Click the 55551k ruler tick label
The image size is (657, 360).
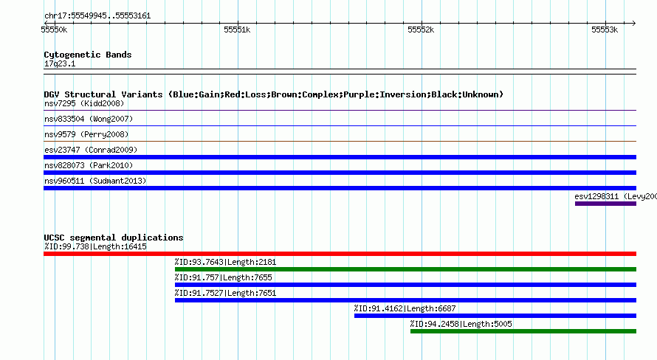point(237,30)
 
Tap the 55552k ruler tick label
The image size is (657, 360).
point(421,30)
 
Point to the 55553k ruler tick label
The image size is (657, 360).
point(605,30)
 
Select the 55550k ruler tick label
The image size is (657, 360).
point(54,30)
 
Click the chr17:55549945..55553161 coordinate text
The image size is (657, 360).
point(97,16)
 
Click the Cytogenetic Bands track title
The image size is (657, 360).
point(88,55)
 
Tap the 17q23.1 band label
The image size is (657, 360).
point(60,63)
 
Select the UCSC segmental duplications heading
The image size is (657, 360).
point(114,238)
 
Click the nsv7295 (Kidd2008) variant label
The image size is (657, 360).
point(84,103)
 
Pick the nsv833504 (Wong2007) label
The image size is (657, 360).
point(89,119)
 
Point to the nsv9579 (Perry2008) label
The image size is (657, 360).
point(86,134)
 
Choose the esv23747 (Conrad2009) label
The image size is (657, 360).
point(91,150)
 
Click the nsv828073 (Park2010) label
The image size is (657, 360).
point(89,165)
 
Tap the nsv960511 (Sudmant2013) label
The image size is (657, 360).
point(95,181)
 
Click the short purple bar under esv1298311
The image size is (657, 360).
point(605,204)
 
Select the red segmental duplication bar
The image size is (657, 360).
point(340,254)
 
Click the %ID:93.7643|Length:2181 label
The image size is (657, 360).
point(225,262)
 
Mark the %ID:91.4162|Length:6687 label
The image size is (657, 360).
point(405,308)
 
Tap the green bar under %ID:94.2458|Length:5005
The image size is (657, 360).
point(523,331)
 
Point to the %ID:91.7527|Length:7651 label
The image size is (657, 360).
point(225,293)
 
